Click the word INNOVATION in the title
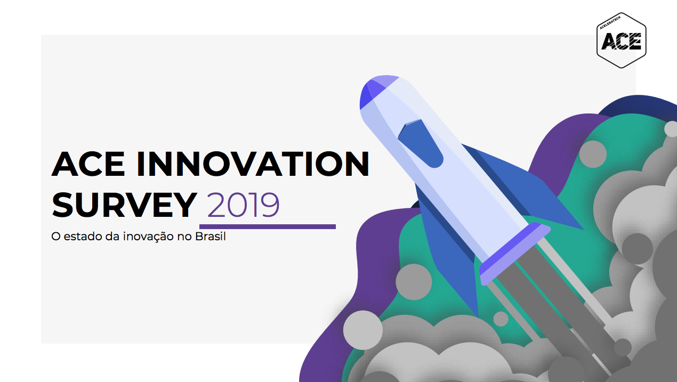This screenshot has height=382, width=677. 253,164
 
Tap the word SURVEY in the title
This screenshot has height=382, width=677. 124,205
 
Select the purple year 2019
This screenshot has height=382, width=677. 243,205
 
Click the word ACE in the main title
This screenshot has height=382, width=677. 88,164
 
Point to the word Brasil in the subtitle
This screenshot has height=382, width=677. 211,236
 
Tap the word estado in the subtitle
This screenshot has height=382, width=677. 83,236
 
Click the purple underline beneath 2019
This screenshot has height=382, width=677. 268,226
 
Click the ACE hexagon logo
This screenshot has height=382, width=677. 622,40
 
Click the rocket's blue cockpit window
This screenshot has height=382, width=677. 421,143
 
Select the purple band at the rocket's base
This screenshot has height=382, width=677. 515,254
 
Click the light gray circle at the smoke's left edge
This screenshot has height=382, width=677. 362,330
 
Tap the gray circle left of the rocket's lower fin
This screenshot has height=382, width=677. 414,282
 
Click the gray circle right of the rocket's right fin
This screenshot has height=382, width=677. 593,154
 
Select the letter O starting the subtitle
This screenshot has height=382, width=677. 56,237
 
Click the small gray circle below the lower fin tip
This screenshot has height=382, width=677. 501,319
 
